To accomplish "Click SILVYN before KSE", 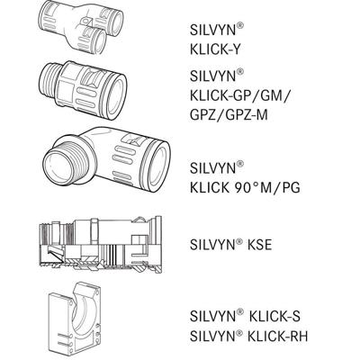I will (216, 242).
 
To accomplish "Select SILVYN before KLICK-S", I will (216, 315).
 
